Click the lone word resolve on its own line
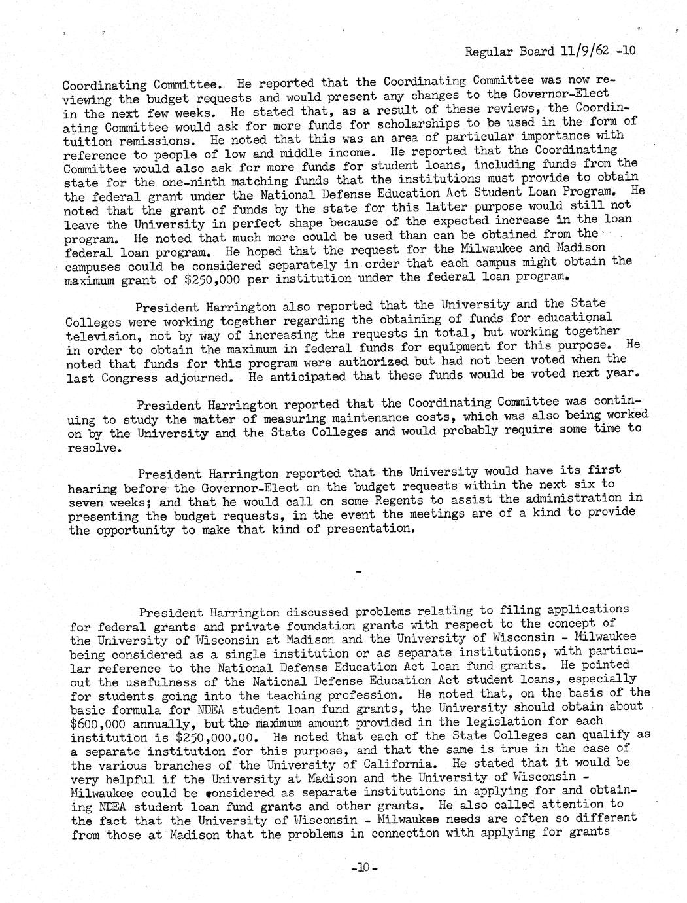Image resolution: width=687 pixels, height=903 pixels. click(x=94, y=448)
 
